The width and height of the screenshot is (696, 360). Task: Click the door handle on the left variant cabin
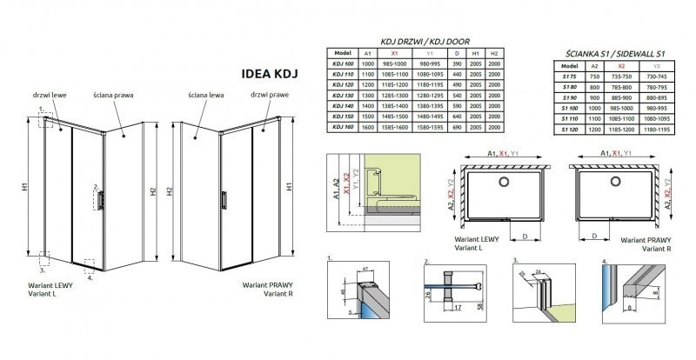pos(104,199)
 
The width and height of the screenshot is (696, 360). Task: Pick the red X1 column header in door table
pos(397,54)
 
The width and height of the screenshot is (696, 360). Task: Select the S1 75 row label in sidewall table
pos(569,77)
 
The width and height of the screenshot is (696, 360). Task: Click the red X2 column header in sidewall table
pos(622,66)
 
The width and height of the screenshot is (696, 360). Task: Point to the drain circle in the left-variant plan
pos(503,182)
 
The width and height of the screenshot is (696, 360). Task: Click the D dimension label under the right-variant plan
pos(592,235)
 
